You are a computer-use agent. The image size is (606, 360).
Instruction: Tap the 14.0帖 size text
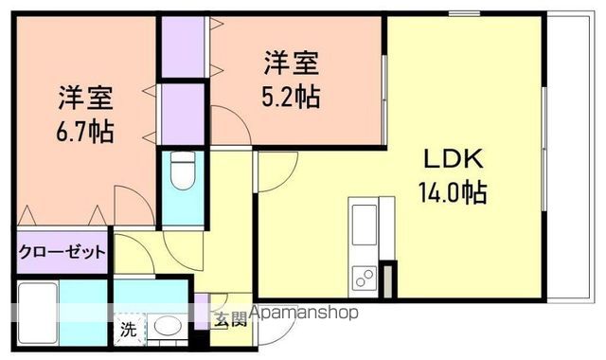click(452, 193)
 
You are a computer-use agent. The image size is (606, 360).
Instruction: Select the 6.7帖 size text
click(86, 130)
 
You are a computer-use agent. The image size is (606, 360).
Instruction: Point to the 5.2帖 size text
click(289, 96)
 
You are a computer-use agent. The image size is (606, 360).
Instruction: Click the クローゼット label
click(62, 253)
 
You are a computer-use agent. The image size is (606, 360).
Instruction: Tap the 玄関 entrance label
click(228, 319)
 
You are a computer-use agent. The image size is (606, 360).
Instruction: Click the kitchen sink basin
click(364, 225)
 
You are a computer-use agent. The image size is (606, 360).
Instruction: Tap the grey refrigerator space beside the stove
click(387, 280)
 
